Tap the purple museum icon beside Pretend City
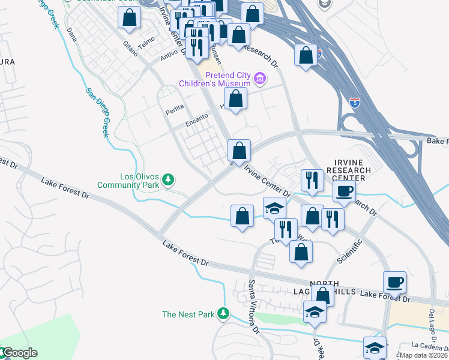click(x=260, y=78)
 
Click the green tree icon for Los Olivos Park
click(x=169, y=179)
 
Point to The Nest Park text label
click(x=188, y=314)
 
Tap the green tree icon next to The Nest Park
click(x=223, y=313)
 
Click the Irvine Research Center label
click(x=353, y=170)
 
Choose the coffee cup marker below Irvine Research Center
click(x=344, y=191)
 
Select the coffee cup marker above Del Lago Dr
click(x=394, y=281)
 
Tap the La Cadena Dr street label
click(x=429, y=346)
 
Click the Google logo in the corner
click(x=19, y=353)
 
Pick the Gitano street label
click(x=130, y=43)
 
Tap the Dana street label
click(x=73, y=37)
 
